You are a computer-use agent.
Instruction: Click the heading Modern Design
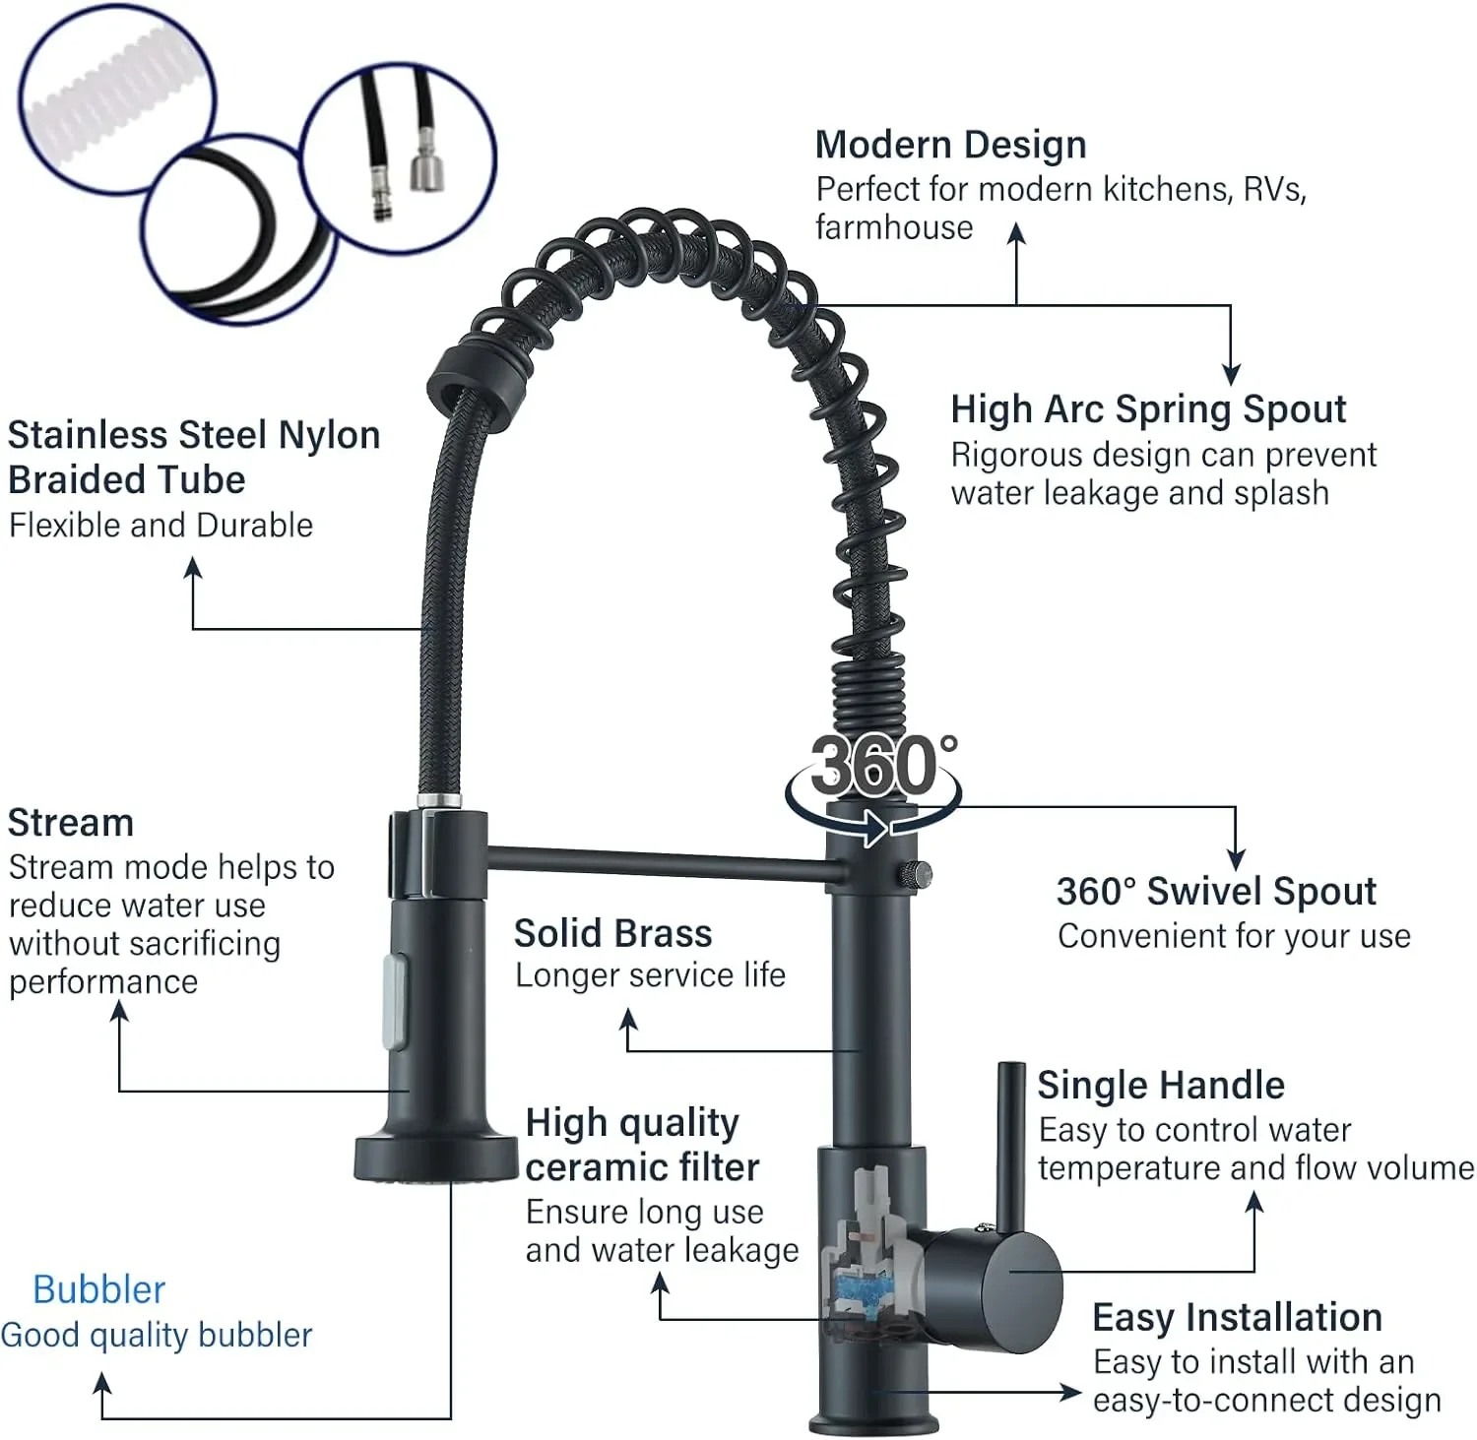pos(950,145)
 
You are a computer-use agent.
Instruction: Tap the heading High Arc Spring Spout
pos(1148,409)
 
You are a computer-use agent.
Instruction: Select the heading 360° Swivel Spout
pos(1216,891)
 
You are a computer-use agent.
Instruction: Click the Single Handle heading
pos(1161,1085)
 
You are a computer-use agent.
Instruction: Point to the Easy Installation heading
pos(1237,1317)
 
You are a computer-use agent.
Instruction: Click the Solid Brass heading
pos(612,933)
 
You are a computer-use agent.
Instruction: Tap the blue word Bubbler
pos(98,1289)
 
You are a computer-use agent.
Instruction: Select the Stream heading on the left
pos(70,823)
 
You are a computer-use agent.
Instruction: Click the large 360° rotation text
pos(882,766)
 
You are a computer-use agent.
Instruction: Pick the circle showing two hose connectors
pos(398,158)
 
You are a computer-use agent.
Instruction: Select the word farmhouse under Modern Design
pos(894,227)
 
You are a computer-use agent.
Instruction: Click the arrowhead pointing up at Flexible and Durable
pos(193,567)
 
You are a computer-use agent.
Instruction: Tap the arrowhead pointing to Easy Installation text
pos(1071,1392)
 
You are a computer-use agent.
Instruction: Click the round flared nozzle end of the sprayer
pos(435,1158)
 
